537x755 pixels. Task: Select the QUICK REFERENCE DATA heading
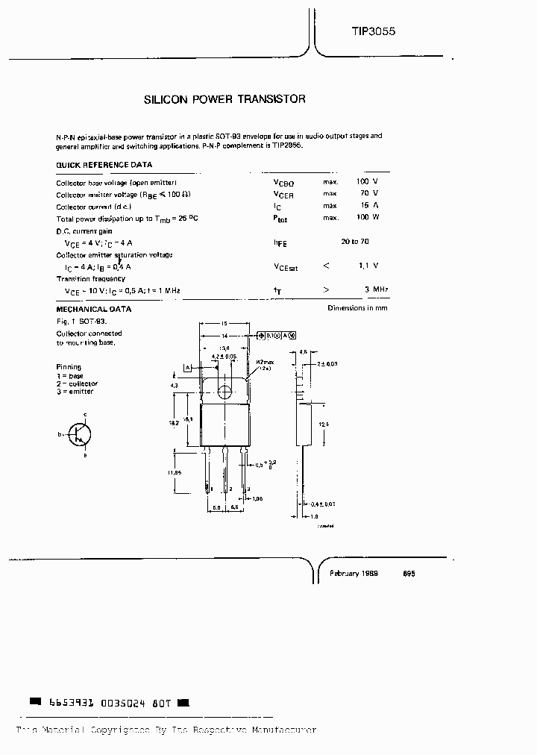(x=104, y=165)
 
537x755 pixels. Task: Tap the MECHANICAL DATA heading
(x=94, y=308)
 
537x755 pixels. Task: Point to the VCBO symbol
(x=284, y=182)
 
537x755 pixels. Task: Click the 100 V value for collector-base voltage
(x=367, y=182)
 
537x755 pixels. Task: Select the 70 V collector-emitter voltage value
(x=369, y=194)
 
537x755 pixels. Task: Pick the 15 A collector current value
(x=369, y=206)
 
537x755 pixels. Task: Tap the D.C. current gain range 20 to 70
(x=355, y=242)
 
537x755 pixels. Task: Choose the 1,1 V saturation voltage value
(x=368, y=266)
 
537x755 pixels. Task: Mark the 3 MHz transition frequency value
(x=376, y=289)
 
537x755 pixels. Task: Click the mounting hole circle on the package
(x=224, y=390)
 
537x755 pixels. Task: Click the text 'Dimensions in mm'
(x=357, y=308)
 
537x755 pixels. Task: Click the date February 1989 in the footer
(x=354, y=574)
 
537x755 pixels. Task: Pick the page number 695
(x=409, y=574)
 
